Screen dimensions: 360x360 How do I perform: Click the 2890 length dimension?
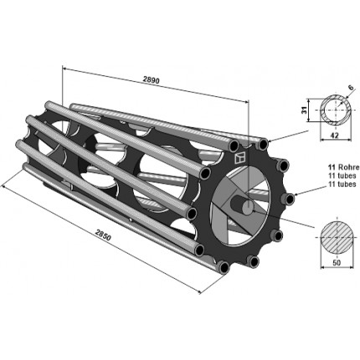click(151, 80)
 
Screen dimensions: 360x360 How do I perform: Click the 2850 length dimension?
click(103, 234)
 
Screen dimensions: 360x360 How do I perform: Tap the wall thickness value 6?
click(351, 87)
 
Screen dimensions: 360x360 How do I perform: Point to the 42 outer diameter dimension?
click(335, 135)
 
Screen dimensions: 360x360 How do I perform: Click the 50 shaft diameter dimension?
click(337, 262)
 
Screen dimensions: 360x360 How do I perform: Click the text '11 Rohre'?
click(344, 167)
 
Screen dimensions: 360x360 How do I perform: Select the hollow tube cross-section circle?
click(336, 110)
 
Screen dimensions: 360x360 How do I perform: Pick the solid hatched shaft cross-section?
click(337, 237)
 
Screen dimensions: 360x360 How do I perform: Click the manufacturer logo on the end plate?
click(239, 158)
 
